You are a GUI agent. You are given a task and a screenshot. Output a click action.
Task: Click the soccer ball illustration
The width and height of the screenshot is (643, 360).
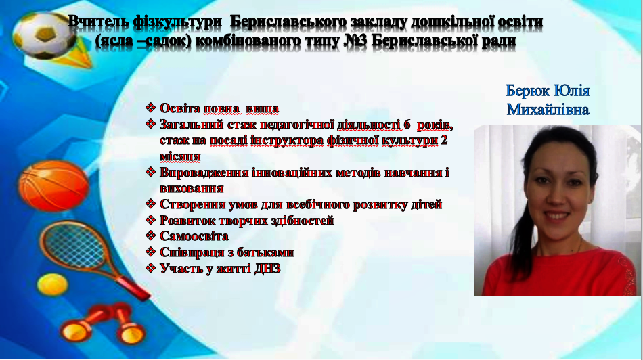(x=44, y=35)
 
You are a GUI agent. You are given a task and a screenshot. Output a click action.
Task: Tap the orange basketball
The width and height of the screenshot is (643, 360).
(x=53, y=185)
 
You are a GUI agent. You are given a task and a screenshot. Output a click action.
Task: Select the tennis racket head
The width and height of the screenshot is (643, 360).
(x=74, y=245)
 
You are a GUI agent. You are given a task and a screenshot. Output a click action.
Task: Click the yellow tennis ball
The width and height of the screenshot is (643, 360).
(x=52, y=285)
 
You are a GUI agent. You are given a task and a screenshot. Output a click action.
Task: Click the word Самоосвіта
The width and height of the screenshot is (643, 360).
(x=194, y=236)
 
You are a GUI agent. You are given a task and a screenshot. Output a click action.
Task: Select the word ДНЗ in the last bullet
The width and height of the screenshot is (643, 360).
(x=267, y=269)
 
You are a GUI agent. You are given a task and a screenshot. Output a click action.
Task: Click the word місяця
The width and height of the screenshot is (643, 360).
(x=180, y=156)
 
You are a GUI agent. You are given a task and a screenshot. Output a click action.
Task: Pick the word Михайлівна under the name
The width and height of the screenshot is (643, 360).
(x=548, y=110)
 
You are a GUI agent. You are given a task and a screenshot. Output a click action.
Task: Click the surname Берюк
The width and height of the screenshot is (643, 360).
(x=527, y=91)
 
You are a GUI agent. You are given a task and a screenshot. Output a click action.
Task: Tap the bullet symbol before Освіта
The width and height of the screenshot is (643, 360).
(x=150, y=108)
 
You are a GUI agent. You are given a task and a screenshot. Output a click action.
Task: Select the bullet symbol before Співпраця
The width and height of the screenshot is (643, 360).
(x=150, y=252)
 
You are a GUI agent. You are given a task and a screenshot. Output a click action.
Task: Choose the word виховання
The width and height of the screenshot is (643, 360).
(x=192, y=189)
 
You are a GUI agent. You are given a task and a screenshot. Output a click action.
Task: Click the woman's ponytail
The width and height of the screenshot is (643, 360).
(x=518, y=229)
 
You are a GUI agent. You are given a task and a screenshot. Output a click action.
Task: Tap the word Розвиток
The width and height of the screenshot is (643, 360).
(x=185, y=221)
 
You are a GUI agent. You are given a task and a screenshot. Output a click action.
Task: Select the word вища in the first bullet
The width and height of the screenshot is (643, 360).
(x=262, y=109)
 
